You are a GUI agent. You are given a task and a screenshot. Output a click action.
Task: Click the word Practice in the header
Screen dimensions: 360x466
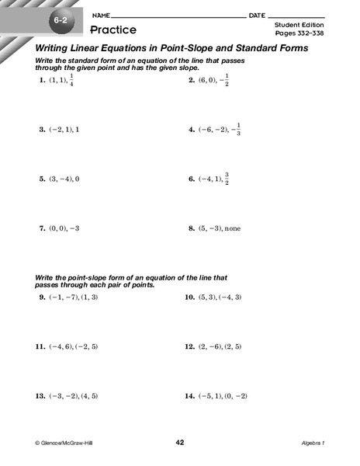tap(113, 30)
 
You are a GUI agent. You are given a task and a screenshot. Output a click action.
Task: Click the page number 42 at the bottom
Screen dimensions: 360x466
tap(180, 442)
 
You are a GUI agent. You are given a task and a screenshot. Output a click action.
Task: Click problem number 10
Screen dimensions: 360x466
tap(189, 297)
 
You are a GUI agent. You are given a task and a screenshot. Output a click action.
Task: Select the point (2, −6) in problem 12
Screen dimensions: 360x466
tap(211, 346)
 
